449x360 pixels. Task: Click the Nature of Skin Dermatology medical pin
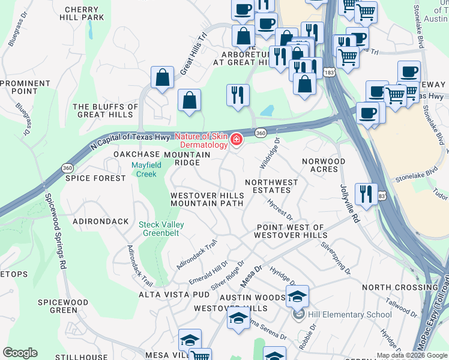pos(237,140)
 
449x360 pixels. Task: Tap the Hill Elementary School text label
pos(341,314)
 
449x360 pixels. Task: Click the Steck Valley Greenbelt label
pos(161,229)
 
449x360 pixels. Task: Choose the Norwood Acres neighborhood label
pos(324,165)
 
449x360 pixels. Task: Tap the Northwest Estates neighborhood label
pos(271,186)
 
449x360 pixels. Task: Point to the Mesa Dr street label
pos(252,277)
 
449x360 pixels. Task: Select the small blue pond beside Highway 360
pos(267,111)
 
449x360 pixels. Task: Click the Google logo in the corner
pos(20,353)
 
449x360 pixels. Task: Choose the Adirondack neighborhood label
pos(100,221)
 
